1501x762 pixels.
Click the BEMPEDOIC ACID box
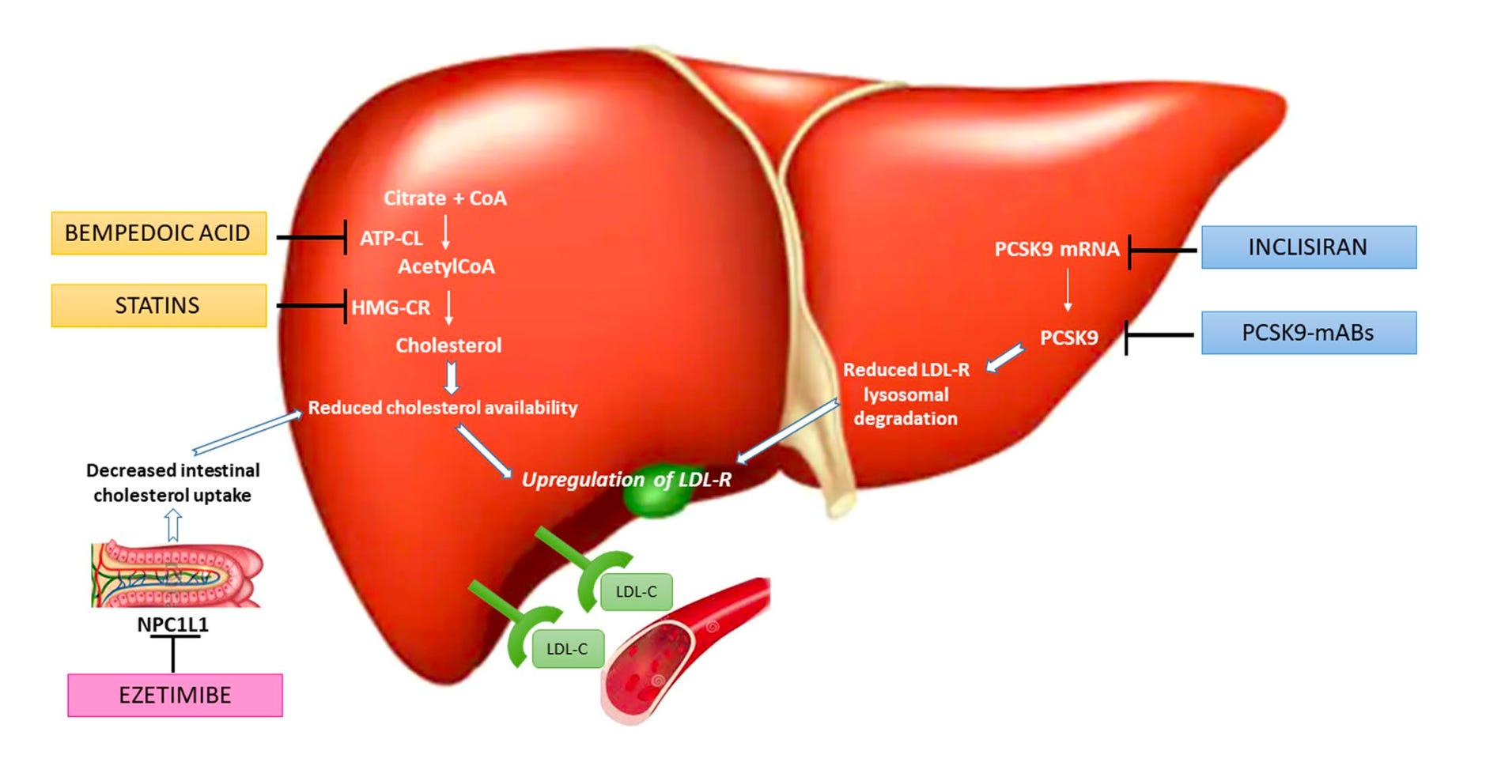pos(158,233)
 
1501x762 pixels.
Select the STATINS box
pos(158,306)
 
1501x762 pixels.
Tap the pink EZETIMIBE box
pos(175,696)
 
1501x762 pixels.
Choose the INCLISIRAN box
pos(1308,247)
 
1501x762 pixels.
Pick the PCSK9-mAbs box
pos(1308,333)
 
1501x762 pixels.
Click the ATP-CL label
pos(391,238)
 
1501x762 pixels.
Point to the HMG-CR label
pos(391,307)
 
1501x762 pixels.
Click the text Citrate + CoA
pos(445,198)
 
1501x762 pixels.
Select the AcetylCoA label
pos(446,266)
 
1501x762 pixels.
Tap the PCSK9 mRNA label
pos(1057,249)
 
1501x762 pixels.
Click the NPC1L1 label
pos(172,624)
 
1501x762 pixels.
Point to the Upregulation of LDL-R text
pos(626,480)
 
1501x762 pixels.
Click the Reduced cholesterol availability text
pos(443,408)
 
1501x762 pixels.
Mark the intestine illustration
pos(176,575)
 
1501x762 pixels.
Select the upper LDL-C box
pos(636,592)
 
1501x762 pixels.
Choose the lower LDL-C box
pos(567,649)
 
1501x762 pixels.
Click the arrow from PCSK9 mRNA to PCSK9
pos(1068,290)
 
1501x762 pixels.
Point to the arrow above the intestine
pos(173,525)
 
